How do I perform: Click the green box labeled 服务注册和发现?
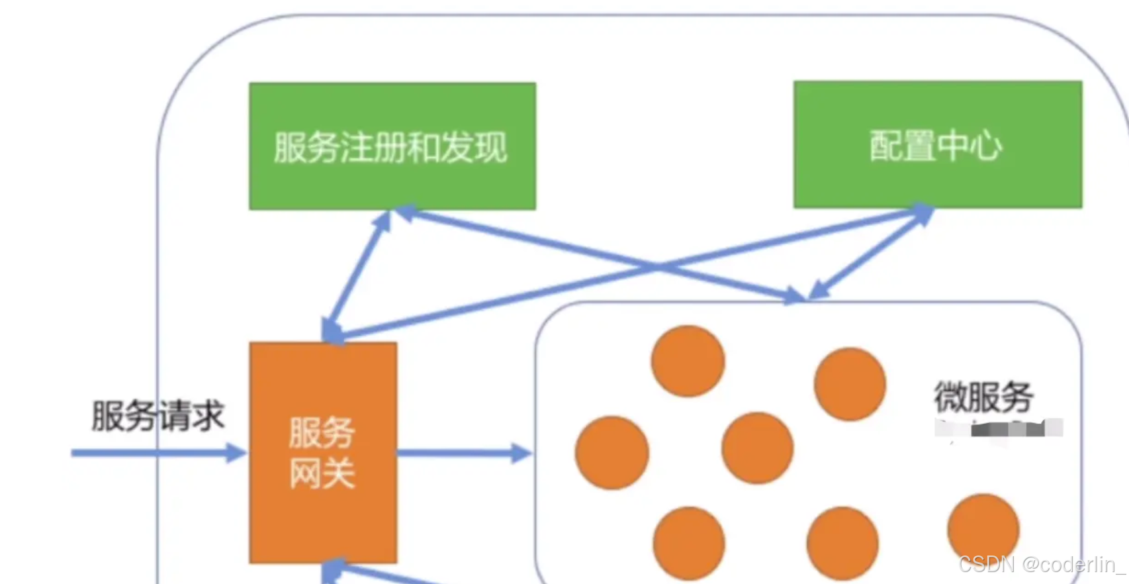(x=392, y=146)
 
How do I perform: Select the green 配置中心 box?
(x=938, y=145)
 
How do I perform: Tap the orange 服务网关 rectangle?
(x=323, y=453)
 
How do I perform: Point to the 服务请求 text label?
(x=158, y=416)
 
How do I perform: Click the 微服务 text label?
(x=983, y=396)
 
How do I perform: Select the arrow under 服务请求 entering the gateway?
(x=159, y=454)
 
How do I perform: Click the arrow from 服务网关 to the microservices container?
(x=463, y=454)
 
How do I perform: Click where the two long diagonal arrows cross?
(x=656, y=267)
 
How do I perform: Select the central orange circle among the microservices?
(x=757, y=448)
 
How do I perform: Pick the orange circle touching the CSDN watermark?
(x=983, y=528)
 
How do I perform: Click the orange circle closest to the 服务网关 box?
(x=611, y=453)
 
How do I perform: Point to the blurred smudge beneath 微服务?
(x=999, y=428)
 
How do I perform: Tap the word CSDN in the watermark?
(x=986, y=564)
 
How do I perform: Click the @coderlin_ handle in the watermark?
(x=1072, y=564)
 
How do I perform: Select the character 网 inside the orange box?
(x=304, y=473)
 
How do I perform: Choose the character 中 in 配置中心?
(x=953, y=145)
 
